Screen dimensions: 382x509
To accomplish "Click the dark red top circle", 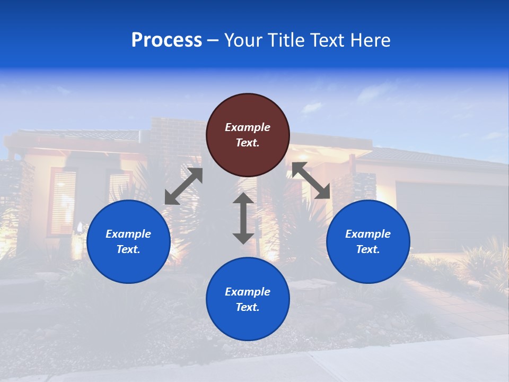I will click(x=248, y=135).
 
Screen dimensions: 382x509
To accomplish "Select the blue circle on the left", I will click(x=128, y=241).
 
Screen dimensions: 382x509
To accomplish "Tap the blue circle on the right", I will click(x=368, y=241).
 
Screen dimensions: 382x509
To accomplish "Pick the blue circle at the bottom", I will click(x=248, y=299).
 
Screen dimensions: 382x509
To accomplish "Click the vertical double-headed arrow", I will click(x=243, y=218).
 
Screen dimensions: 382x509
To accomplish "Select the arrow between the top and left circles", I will click(x=183, y=186).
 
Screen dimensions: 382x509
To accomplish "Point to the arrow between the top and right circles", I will click(x=311, y=180).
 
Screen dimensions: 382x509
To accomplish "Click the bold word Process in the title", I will click(x=166, y=40).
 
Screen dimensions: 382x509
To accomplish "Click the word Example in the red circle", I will click(x=248, y=127).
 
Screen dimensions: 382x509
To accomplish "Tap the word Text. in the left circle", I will click(x=128, y=249).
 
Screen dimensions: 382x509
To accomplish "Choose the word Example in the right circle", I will click(x=368, y=234).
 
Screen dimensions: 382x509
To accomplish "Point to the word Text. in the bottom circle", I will click(x=248, y=307).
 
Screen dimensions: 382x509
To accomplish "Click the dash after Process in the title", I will click(x=213, y=40).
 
